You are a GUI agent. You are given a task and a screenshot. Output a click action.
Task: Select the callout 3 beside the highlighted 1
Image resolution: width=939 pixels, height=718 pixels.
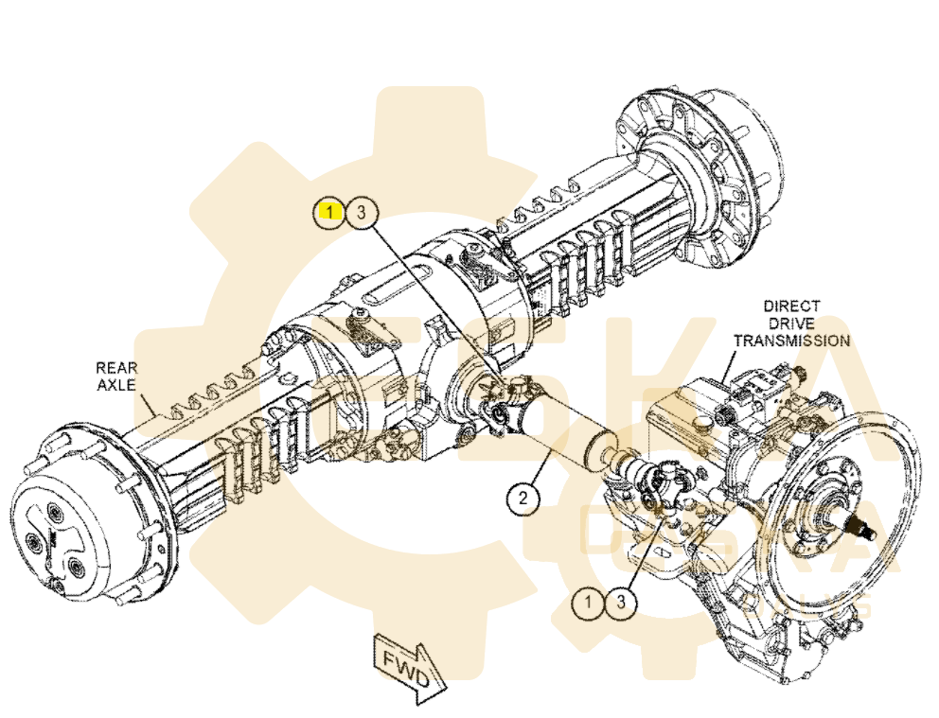pyautogui.click(x=360, y=213)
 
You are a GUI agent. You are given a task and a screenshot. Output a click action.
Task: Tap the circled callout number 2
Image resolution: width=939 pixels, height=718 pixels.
pyautogui.click(x=524, y=496)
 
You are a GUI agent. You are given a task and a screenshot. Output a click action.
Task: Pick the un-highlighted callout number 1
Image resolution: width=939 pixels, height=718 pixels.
pyautogui.click(x=590, y=602)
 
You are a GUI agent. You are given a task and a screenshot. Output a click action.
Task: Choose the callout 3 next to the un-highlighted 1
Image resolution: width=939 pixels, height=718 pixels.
pyautogui.click(x=621, y=602)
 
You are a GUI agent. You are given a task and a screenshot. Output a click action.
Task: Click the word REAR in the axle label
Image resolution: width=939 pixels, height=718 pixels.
pyautogui.click(x=115, y=366)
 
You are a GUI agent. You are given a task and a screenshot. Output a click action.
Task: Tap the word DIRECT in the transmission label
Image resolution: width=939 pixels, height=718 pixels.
pyautogui.click(x=792, y=307)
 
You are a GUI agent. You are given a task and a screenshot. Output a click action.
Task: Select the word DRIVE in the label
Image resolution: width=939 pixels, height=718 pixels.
pyautogui.click(x=792, y=324)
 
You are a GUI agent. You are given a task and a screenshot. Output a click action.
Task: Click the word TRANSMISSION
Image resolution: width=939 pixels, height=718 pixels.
pyautogui.click(x=792, y=341)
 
